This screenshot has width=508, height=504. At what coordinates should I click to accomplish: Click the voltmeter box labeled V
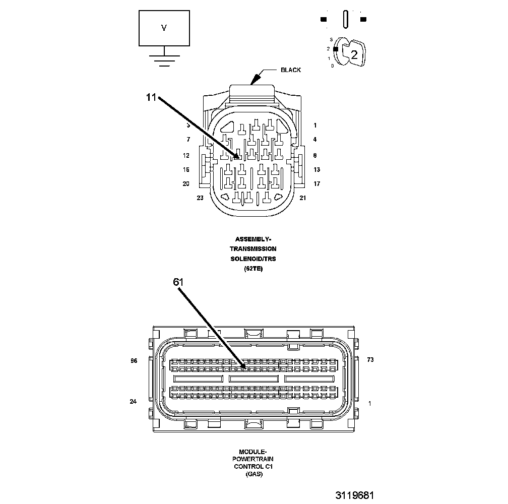pyautogui.click(x=164, y=28)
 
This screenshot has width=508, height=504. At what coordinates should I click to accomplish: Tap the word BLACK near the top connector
pyautogui.click(x=291, y=70)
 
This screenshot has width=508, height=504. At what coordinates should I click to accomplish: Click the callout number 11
pyautogui.click(x=152, y=98)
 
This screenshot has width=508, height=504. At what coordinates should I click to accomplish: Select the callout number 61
pyautogui.click(x=178, y=283)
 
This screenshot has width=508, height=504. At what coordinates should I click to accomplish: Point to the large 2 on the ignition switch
pyautogui.click(x=354, y=55)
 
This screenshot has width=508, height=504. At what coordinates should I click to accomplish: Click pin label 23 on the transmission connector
pyautogui.click(x=200, y=198)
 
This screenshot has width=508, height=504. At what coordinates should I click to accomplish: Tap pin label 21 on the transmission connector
pyautogui.click(x=302, y=198)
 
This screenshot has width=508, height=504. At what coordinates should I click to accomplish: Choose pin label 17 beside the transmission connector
pyautogui.click(x=316, y=184)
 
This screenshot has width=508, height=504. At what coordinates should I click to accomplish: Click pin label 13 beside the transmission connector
pyautogui.click(x=316, y=170)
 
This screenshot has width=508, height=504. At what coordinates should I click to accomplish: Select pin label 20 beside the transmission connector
pyautogui.click(x=186, y=184)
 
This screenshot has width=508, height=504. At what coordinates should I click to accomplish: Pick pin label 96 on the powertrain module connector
pyautogui.click(x=134, y=360)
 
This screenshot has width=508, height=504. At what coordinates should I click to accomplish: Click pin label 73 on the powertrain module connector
pyautogui.click(x=370, y=360)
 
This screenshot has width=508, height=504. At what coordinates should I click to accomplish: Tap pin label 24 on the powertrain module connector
pyautogui.click(x=134, y=402)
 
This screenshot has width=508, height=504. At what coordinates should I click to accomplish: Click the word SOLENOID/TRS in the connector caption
pyautogui.click(x=253, y=259)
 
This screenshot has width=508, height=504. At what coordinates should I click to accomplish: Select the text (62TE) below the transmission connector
pyautogui.click(x=253, y=269)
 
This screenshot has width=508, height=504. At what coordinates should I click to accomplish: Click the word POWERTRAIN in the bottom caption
pyautogui.click(x=253, y=459)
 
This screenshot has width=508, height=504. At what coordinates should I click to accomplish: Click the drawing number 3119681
pyautogui.click(x=355, y=495)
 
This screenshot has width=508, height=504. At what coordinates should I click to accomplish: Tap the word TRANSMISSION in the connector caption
pyautogui.click(x=253, y=249)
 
